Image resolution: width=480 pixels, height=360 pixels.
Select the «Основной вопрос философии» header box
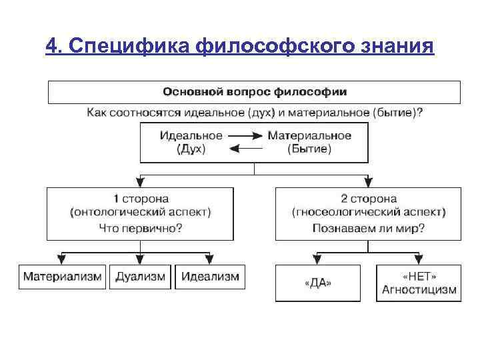(254, 91)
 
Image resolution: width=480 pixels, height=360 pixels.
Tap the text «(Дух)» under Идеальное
(191, 149)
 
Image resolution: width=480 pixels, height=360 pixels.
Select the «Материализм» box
(63, 276)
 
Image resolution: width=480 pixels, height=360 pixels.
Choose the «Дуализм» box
(140, 276)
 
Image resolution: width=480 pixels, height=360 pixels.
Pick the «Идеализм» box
(209, 276)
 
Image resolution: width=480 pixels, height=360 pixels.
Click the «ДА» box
(317, 283)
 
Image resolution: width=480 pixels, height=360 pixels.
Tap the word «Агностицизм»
(419, 289)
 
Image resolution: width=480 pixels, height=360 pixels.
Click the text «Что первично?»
(140, 228)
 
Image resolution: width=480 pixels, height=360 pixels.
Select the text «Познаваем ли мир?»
(369, 228)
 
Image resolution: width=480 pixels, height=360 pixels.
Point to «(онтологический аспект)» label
(140, 213)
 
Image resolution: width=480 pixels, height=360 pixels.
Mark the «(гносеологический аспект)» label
(369, 213)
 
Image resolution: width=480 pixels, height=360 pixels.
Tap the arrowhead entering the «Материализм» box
(63, 259)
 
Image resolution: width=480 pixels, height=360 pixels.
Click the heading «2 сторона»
(369, 199)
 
